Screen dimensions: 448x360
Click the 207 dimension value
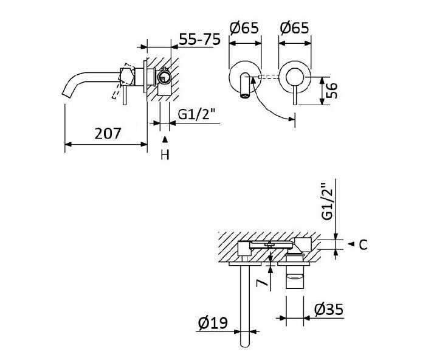click(x=108, y=133)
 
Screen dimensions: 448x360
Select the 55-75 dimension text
click(x=200, y=39)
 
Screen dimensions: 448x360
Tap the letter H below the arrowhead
click(x=165, y=154)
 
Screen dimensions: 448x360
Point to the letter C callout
click(x=363, y=245)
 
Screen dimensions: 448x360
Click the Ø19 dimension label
click(x=213, y=322)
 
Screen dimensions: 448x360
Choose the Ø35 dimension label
click(x=329, y=310)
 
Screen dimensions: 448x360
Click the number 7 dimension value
click(x=262, y=283)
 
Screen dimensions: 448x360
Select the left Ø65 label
click(x=244, y=28)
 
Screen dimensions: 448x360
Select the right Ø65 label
click(x=295, y=28)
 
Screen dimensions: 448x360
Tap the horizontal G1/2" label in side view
click(x=196, y=114)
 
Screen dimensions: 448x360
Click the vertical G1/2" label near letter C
click(x=328, y=201)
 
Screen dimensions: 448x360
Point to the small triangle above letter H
click(x=165, y=139)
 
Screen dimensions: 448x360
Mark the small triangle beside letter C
click(x=351, y=244)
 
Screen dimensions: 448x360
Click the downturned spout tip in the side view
click(x=67, y=94)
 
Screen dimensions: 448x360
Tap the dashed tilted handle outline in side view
click(x=117, y=91)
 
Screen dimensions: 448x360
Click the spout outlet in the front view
click(x=245, y=95)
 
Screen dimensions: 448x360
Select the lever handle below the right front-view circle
click(x=295, y=97)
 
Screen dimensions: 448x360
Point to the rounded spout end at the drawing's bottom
click(x=246, y=344)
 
